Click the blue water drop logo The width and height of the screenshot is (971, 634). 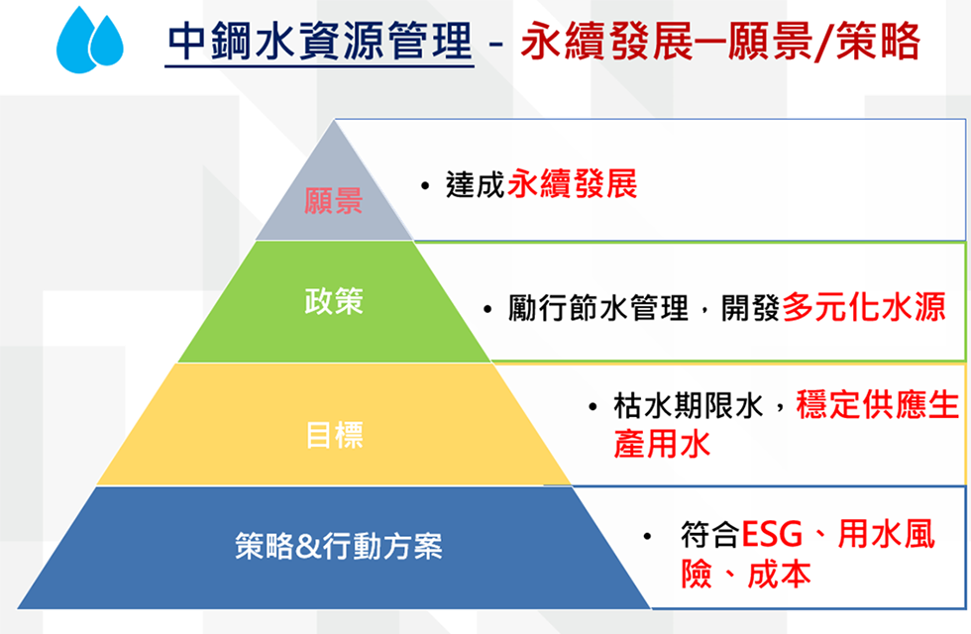click(90, 40)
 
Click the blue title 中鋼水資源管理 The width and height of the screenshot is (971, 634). click(320, 42)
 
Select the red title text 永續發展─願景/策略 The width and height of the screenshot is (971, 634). click(720, 42)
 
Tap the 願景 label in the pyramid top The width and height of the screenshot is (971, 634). click(333, 201)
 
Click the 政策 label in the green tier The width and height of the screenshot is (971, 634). click(334, 301)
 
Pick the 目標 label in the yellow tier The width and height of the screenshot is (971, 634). click(335, 434)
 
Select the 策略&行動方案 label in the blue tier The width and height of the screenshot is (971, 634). click(339, 546)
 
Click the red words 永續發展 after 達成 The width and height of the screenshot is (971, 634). click(573, 184)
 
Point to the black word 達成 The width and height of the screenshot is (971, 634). click(475, 184)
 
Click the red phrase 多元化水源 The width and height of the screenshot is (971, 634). click(864, 306)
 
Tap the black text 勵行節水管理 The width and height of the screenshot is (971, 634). click(598, 308)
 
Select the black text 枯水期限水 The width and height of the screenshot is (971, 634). click(688, 406)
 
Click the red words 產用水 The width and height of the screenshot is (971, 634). click(662, 444)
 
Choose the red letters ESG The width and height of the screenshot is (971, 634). click(772, 534)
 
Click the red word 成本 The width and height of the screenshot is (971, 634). click(779, 574)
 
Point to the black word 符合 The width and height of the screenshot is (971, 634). click(710, 534)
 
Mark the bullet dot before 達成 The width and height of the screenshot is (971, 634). click(425, 186)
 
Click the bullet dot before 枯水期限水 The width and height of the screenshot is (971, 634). click(593, 407)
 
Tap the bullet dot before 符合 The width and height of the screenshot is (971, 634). click(648, 536)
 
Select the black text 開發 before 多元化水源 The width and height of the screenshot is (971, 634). click(750, 308)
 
